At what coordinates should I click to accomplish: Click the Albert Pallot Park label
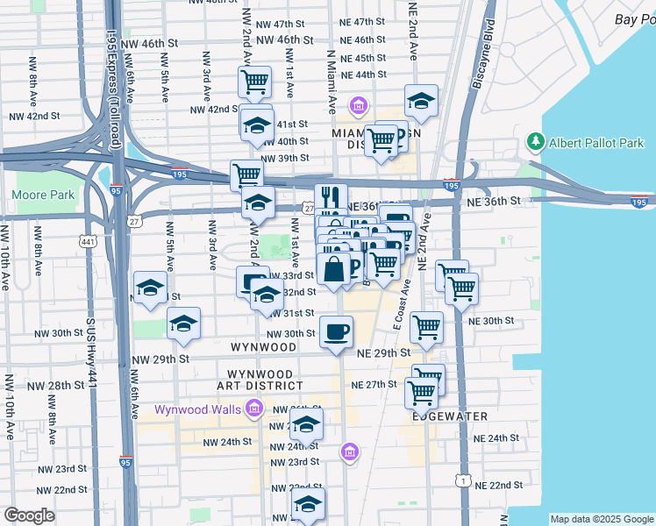(596, 143)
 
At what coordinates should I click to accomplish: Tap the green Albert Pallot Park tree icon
(536, 142)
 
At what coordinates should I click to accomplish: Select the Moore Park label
(43, 195)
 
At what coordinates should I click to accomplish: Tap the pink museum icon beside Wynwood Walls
(254, 409)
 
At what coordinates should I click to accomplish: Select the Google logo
(29, 515)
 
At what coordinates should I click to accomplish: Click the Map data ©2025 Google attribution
(602, 519)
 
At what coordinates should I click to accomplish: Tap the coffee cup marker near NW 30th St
(336, 331)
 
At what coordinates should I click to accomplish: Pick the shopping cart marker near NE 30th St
(426, 327)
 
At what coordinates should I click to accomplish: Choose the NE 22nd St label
(498, 485)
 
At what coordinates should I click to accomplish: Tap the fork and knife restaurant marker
(331, 197)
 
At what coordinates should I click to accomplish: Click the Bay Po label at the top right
(635, 19)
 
